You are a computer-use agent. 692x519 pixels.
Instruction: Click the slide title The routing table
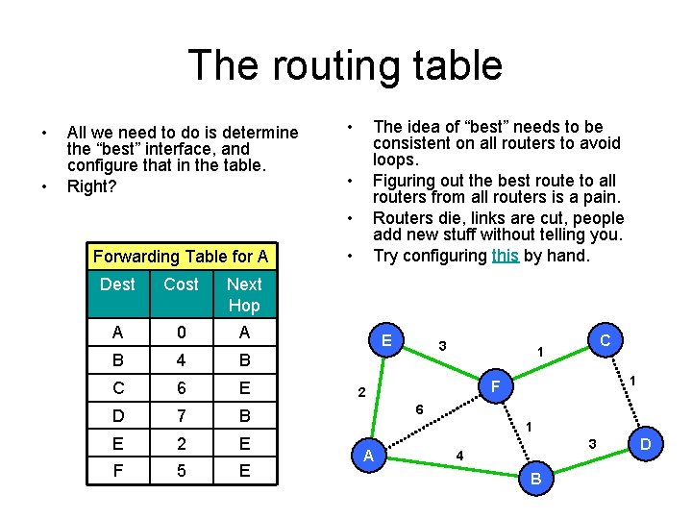[x=345, y=65]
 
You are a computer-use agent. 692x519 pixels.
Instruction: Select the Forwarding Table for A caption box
[x=180, y=256]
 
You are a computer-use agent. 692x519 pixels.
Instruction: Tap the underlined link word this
[x=505, y=256]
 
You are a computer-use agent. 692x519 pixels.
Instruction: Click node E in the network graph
[x=385, y=340]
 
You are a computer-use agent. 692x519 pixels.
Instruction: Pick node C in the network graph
[x=605, y=340]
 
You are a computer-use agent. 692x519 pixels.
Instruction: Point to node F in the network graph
[x=495, y=387]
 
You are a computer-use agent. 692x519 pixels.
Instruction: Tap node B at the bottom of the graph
[x=535, y=479]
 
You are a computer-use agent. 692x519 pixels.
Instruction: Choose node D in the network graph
[x=646, y=444]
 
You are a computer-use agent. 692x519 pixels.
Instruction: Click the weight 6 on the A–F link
[x=419, y=409]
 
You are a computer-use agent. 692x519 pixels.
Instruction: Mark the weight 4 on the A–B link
[x=459, y=456]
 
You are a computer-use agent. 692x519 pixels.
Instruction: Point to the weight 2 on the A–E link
[x=360, y=393]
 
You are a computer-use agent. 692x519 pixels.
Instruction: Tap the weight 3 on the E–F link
[x=441, y=345]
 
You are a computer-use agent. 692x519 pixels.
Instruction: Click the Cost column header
[x=181, y=284]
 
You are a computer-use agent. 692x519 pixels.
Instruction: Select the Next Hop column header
[x=244, y=294]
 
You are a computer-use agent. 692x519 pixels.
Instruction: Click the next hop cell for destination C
[x=244, y=389]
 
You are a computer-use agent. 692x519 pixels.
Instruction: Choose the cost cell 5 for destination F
[x=181, y=471]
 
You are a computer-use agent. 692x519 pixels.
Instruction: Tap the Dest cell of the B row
[x=117, y=361]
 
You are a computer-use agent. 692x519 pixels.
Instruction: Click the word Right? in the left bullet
[x=91, y=186]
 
